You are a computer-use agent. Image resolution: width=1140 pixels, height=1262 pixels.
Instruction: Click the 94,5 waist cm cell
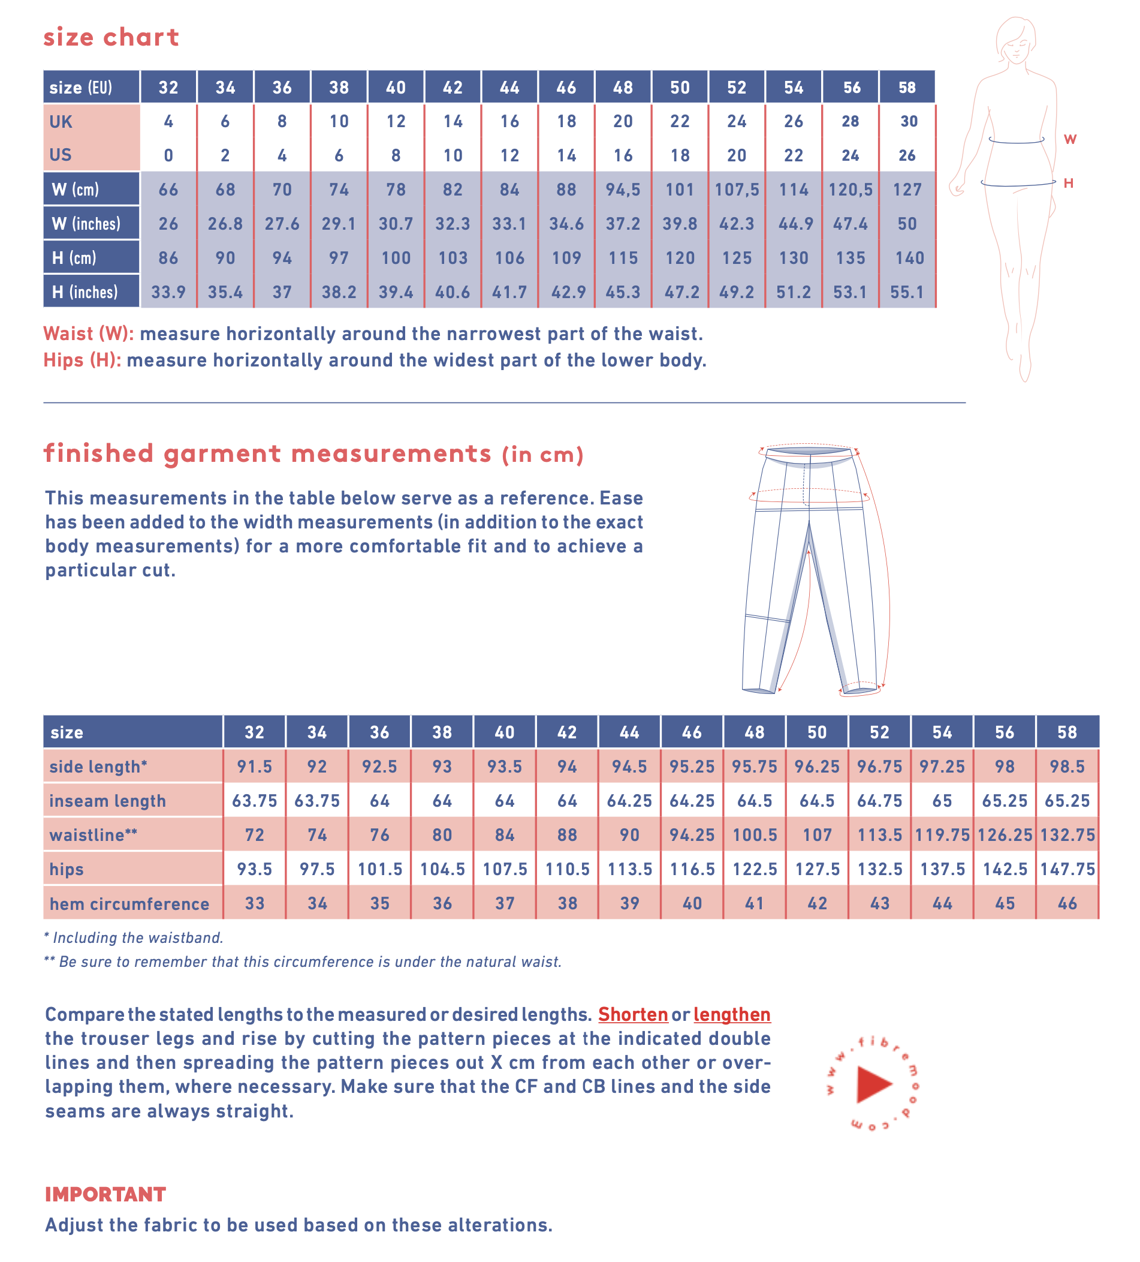tap(622, 190)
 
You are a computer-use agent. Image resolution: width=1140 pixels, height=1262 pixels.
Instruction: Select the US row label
tap(61, 155)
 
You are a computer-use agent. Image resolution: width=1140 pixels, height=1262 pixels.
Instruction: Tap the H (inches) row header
tap(85, 292)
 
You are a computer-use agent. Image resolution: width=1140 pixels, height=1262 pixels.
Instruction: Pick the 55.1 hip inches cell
tap(907, 292)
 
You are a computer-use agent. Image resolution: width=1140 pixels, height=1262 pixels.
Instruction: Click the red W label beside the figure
tap(1070, 139)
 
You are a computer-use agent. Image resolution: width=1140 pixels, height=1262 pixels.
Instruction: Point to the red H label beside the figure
tap(1069, 183)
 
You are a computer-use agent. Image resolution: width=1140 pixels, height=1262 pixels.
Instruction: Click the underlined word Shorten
tap(632, 1014)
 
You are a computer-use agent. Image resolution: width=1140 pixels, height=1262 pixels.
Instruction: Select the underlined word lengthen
tap(731, 1014)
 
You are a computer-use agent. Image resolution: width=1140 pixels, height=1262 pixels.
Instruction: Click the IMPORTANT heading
tap(105, 1194)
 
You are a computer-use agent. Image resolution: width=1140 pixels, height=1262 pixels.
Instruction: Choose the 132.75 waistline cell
tap(1067, 835)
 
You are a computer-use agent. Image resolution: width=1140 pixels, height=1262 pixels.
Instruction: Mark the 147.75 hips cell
tap(1067, 869)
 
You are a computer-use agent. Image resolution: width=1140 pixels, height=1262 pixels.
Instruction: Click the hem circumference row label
tap(129, 904)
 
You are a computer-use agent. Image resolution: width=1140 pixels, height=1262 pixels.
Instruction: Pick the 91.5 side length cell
tap(254, 767)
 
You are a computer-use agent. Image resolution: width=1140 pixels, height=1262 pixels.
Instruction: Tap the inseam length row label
tap(108, 801)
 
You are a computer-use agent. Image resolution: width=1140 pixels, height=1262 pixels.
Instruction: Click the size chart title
tap(111, 38)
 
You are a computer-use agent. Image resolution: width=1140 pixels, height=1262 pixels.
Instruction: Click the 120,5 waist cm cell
tap(850, 190)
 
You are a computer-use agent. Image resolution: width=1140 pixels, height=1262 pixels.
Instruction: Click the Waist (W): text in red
tap(88, 333)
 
